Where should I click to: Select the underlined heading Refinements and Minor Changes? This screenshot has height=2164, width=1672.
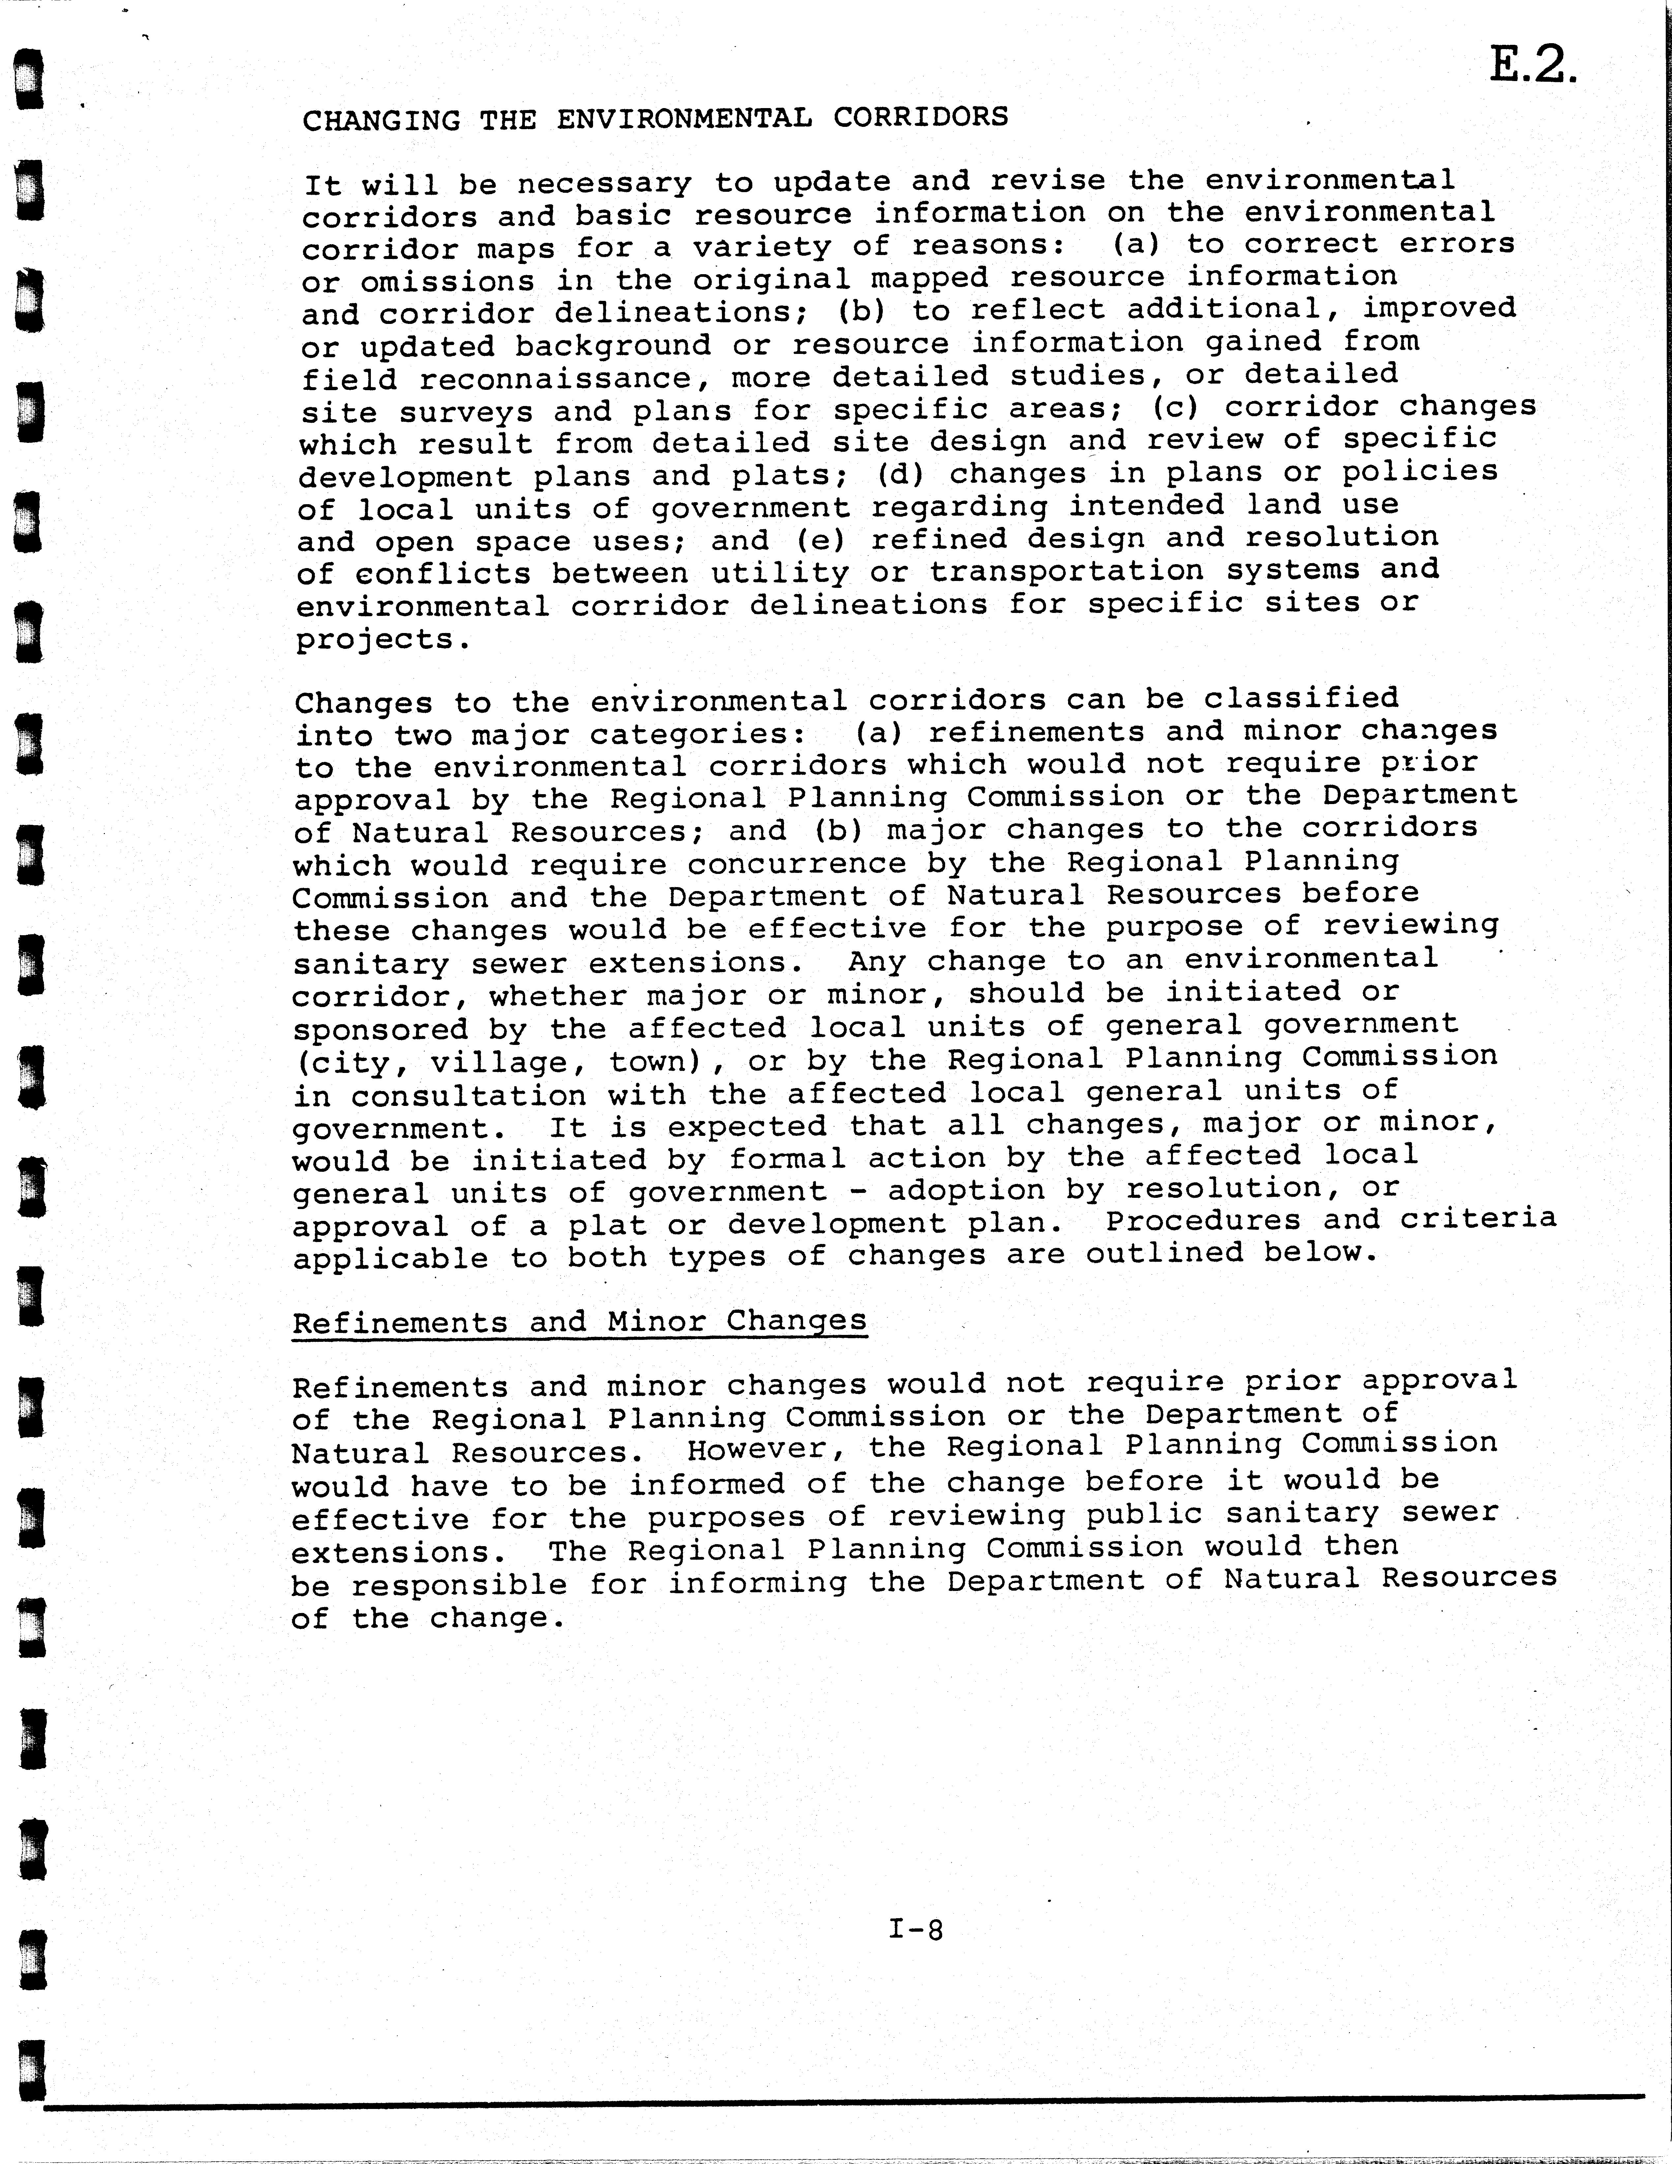[580, 1322]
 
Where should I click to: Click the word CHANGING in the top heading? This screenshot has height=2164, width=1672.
[382, 120]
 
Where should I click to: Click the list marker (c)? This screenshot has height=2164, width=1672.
[1177, 407]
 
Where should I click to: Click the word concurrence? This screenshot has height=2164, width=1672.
[797, 863]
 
